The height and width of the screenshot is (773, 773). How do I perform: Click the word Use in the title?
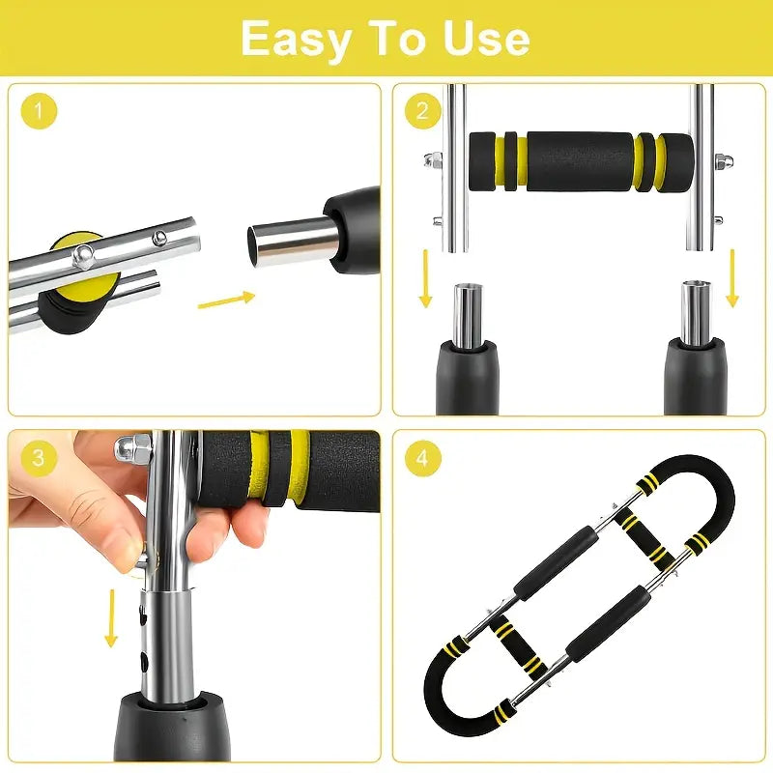point(486,38)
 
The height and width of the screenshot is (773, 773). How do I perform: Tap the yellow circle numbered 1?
point(39,111)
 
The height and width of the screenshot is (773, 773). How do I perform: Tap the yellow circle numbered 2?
point(422,111)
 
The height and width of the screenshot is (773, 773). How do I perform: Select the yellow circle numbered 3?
point(39,457)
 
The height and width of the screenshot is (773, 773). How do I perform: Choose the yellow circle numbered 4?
point(422,457)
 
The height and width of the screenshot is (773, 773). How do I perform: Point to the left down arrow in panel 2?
point(425,278)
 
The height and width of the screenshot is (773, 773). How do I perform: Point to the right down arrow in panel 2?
point(732,278)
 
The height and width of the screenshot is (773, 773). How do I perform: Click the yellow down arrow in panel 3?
point(111,617)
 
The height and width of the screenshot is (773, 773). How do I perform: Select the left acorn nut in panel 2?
point(432,159)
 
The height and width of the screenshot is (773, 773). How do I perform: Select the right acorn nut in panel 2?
point(723,159)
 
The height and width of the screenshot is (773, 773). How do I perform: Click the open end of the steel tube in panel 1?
point(255,243)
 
